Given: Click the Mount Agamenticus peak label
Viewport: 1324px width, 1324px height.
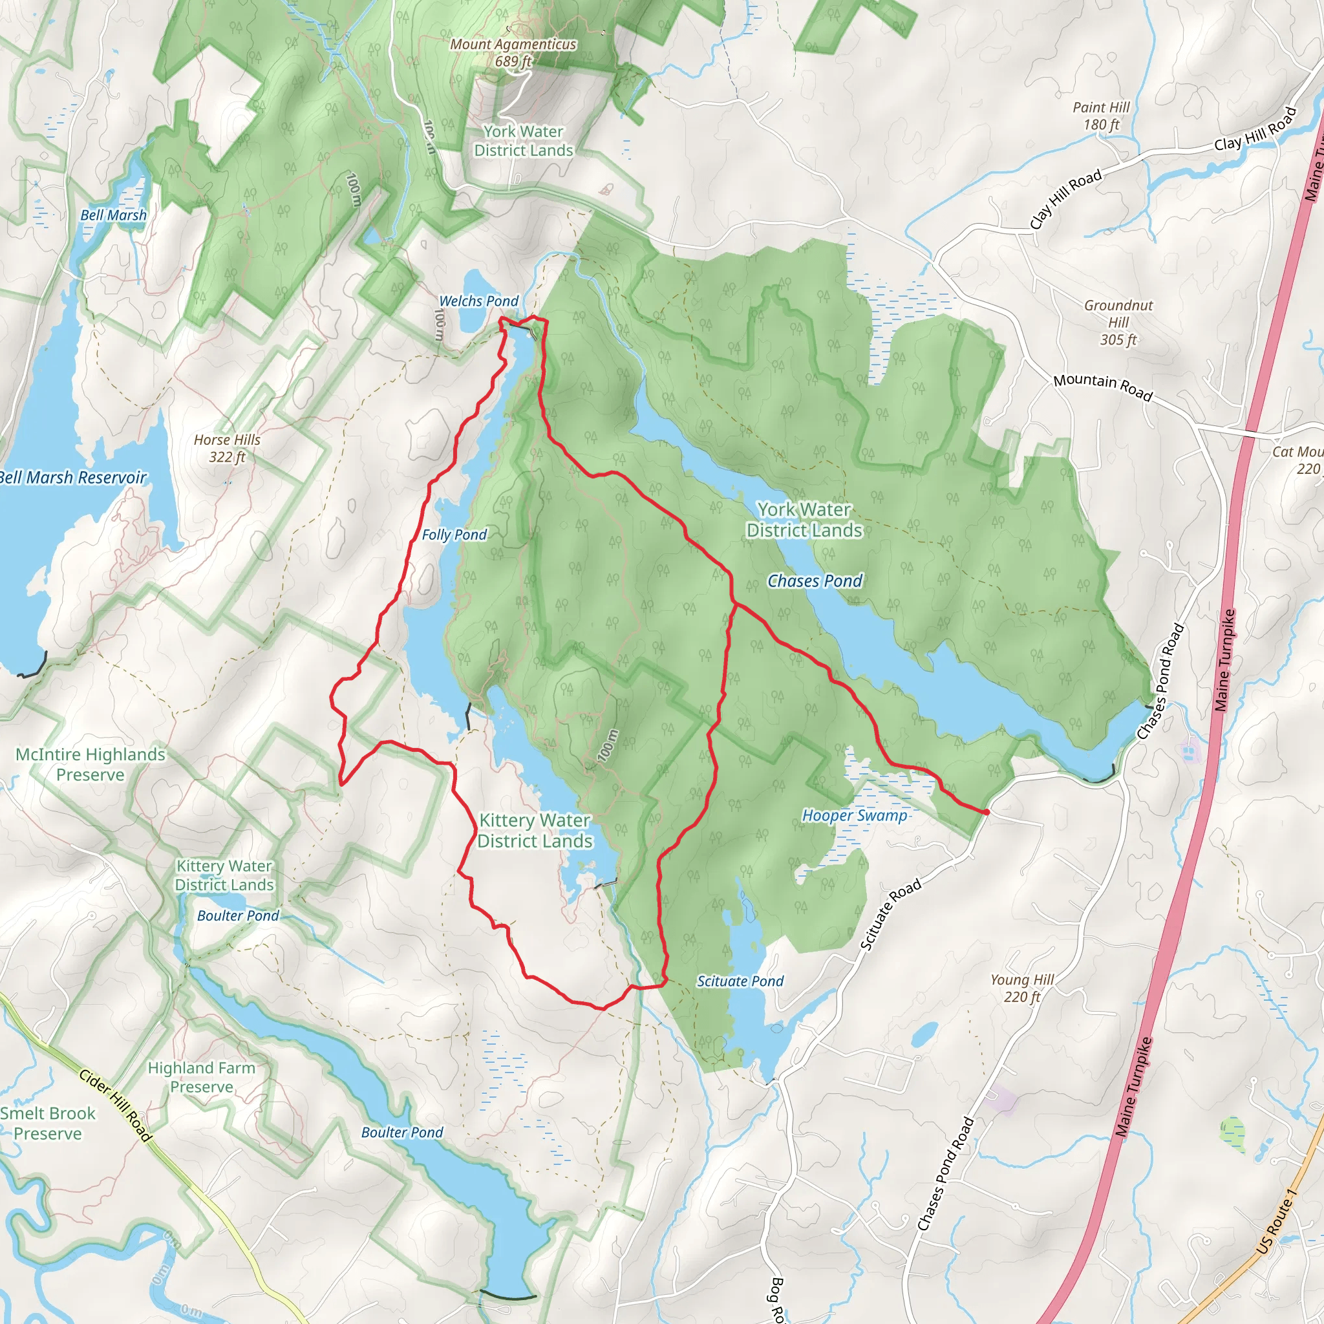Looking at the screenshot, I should tap(513, 52).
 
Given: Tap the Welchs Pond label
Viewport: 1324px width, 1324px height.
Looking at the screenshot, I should tap(478, 301).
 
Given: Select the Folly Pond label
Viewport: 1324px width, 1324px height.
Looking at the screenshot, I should tap(454, 535).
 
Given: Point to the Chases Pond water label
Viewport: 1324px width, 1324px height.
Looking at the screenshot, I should tap(814, 581).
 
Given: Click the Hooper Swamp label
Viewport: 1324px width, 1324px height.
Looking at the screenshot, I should tap(854, 815).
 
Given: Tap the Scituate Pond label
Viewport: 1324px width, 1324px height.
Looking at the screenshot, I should tap(740, 981).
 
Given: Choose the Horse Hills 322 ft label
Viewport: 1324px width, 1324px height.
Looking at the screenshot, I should tap(227, 448).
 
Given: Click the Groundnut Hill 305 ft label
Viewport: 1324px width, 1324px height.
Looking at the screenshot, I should tap(1118, 322).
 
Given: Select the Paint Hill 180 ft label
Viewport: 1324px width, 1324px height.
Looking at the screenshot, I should tap(1100, 116).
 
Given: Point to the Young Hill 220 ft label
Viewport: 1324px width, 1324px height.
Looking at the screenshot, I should tap(1022, 988).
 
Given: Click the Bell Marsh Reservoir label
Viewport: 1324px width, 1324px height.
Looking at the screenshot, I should tap(72, 478).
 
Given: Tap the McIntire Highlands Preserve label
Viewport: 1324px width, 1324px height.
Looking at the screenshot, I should tap(91, 764).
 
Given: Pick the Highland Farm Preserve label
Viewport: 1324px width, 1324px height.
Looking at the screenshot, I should tap(202, 1077).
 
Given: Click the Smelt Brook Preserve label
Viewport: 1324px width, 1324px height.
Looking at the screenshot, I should tap(48, 1123).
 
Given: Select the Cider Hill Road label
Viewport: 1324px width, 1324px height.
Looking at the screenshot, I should tap(114, 1105).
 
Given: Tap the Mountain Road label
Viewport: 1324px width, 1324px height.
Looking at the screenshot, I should tap(1103, 387).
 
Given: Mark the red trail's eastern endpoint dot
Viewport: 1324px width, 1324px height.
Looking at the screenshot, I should tap(985, 811).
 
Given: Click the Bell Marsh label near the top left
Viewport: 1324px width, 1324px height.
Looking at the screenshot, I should tap(113, 215).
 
